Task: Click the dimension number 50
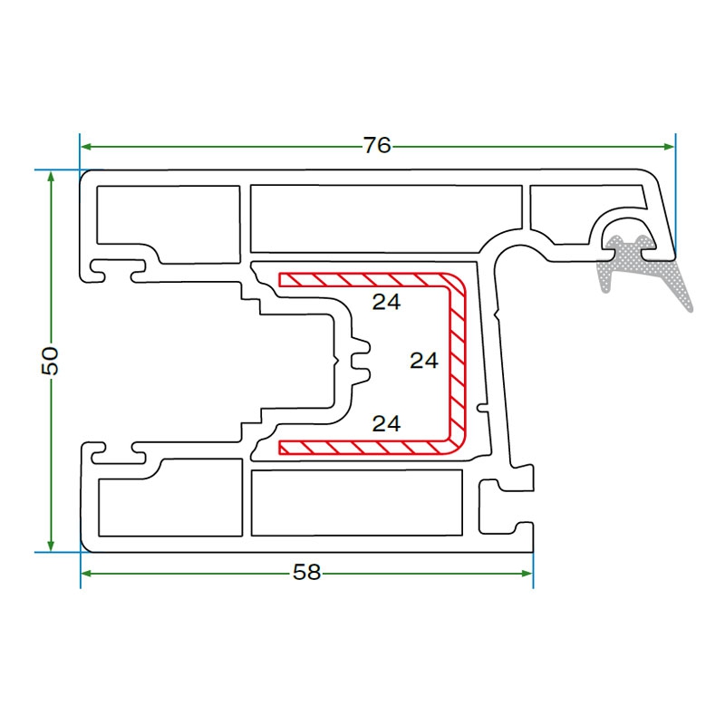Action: tap(51, 361)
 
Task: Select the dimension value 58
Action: tap(307, 573)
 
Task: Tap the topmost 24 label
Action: tap(387, 303)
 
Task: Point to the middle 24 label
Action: tap(424, 361)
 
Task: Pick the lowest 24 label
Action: tap(387, 423)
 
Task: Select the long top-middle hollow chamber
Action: tap(386, 218)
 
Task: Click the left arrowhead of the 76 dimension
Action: tap(87, 146)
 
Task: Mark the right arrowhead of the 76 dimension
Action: tap(670, 146)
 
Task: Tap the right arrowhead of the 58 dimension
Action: tap(527, 573)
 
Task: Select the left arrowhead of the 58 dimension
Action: tap(87, 573)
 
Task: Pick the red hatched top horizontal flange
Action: tap(362, 279)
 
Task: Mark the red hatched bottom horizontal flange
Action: tap(362, 447)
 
